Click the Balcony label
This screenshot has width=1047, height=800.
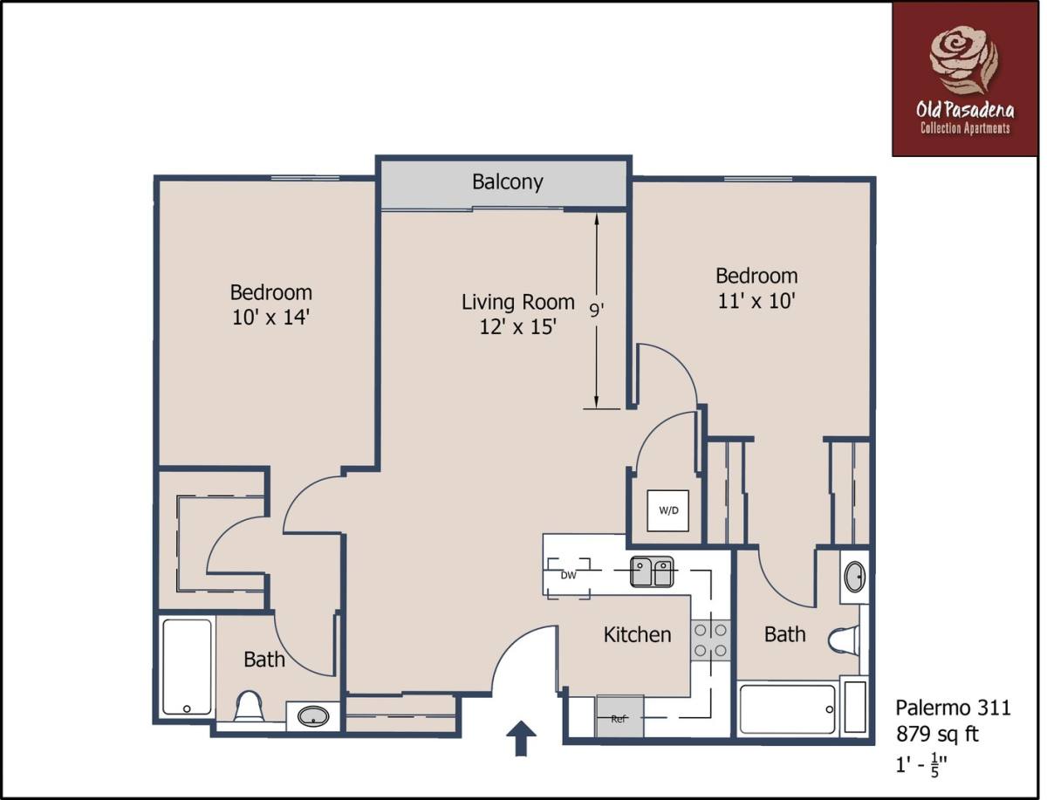coord(508,182)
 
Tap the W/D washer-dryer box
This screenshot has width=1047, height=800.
coord(667,510)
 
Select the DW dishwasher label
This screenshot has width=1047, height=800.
coord(568,576)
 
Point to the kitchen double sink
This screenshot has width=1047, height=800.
coord(652,571)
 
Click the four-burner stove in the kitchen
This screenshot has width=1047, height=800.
coord(710,640)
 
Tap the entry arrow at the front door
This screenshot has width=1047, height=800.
coord(521,738)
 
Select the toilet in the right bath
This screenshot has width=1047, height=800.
coord(844,639)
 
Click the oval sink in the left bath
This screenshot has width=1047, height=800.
coord(313,715)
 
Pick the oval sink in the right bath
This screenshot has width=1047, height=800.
coord(855,578)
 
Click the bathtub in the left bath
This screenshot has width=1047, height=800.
coord(187,667)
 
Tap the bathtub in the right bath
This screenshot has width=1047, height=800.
coord(787,709)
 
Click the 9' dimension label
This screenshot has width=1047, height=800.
coord(596,311)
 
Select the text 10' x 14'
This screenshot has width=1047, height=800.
coord(271,318)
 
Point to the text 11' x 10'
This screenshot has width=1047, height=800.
coord(756,301)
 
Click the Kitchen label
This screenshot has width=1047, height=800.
coord(637,635)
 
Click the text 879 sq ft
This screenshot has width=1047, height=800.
coord(937,735)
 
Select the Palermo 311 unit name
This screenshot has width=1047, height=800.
coord(953,708)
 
